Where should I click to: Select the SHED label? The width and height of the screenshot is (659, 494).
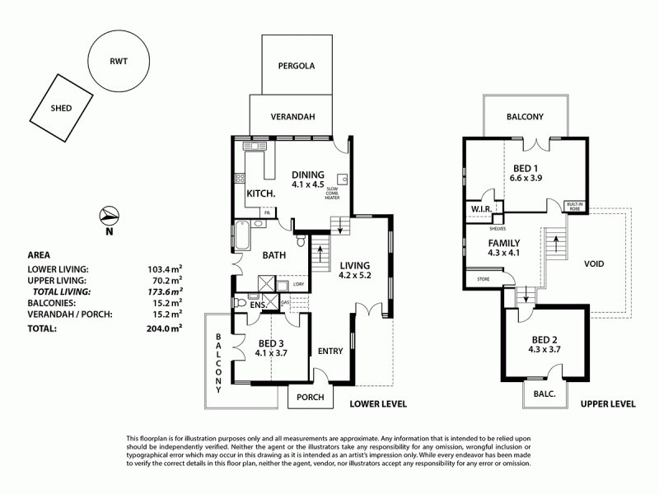click(60, 108)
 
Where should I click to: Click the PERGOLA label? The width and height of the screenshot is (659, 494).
click(297, 65)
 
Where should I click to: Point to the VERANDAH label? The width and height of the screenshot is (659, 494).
click(293, 117)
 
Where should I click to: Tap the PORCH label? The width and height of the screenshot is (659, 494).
click(311, 397)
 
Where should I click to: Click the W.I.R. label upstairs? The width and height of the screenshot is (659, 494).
click(482, 210)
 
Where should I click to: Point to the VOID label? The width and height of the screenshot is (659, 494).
click(593, 264)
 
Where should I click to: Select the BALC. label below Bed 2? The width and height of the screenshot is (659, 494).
click(546, 395)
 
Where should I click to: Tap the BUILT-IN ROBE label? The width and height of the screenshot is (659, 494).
click(574, 206)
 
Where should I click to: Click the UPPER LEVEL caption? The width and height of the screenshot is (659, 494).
click(607, 404)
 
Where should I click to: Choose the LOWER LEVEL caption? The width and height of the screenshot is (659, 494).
click(378, 404)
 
